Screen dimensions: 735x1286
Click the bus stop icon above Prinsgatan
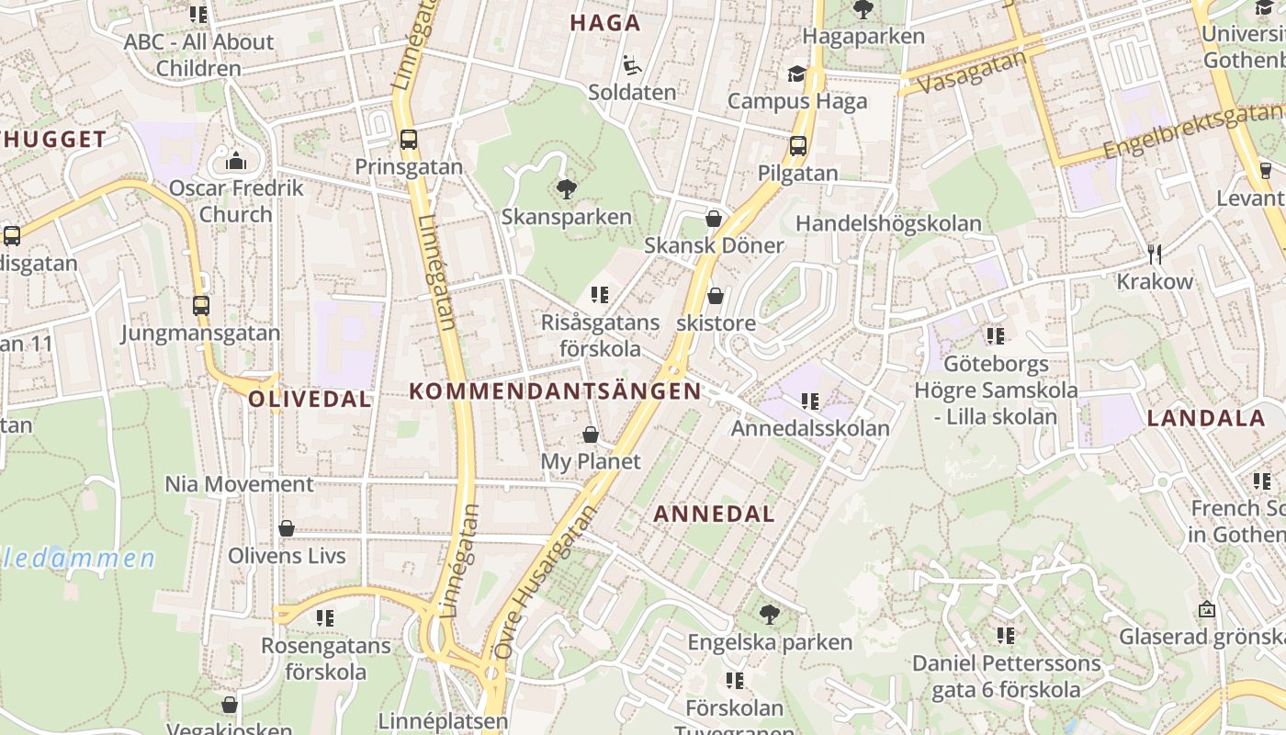[409, 140]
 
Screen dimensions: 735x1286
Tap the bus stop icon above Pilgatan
[797, 145]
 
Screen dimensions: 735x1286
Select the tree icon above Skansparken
[567, 189]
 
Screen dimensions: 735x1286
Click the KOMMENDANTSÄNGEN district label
[555, 391]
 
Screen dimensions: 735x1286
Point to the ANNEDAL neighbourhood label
[714, 514]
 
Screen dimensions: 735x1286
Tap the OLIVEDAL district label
[310, 399]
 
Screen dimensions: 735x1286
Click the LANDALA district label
[1206, 418]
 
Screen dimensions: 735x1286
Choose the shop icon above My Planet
[590, 434]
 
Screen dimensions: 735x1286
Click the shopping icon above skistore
[716, 296]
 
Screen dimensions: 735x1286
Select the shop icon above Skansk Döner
[714, 219]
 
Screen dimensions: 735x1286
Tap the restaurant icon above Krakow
[1155, 254]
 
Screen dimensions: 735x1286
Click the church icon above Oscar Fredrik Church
[236, 161]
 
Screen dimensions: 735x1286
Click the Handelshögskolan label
[887, 223]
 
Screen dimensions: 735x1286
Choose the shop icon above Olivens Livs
[287, 528]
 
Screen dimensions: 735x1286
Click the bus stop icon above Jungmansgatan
[200, 305]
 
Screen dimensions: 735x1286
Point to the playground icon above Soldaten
[632, 65]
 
